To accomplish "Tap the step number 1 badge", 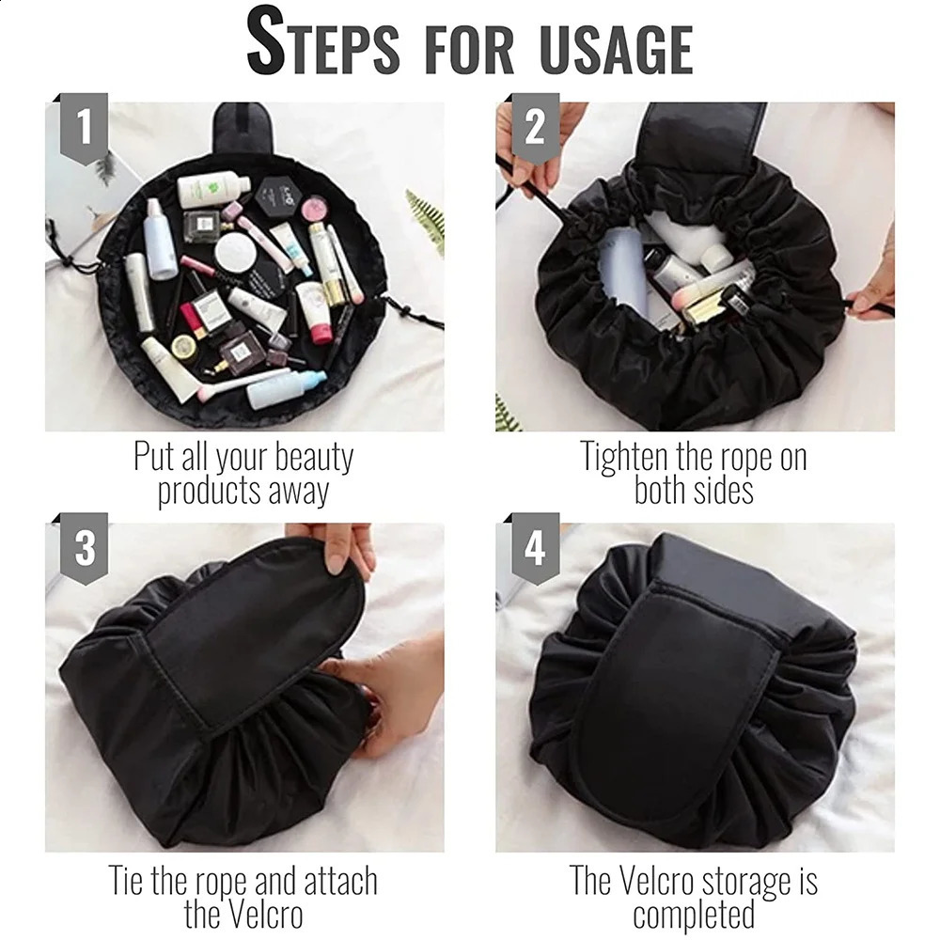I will click(x=85, y=128).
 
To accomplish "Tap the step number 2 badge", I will click(x=535, y=128).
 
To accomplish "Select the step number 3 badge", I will click(x=85, y=548).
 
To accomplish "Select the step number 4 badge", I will click(x=535, y=548).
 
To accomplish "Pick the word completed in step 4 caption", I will click(x=694, y=913).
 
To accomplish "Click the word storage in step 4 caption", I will click(x=747, y=881).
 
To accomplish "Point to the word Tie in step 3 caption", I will click(x=128, y=881).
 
